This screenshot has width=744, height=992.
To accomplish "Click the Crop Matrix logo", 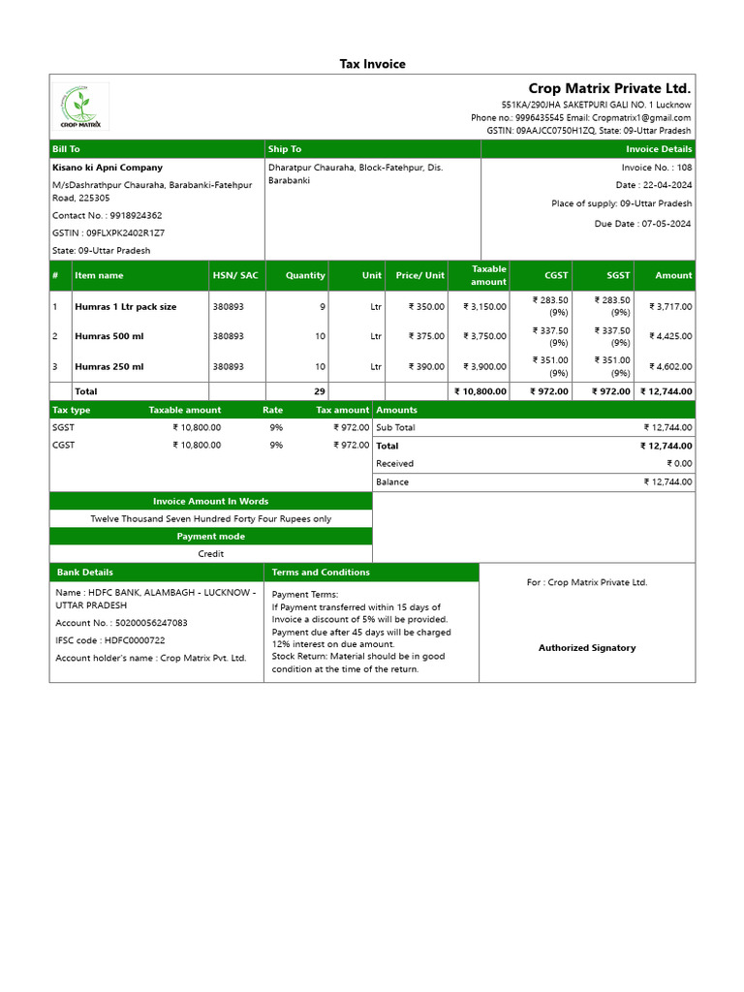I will click(80, 107).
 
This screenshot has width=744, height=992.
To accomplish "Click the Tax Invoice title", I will click(372, 64).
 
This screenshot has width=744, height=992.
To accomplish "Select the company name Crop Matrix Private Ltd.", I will click(609, 88).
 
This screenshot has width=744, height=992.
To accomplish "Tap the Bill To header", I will click(66, 149).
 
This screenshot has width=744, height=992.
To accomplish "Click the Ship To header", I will click(285, 149).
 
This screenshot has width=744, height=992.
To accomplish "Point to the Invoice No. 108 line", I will click(656, 168).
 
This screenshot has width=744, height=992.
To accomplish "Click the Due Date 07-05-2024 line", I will click(642, 224).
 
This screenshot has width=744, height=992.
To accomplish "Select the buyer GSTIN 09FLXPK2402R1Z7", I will click(108, 233).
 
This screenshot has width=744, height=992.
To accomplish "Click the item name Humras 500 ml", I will click(109, 336).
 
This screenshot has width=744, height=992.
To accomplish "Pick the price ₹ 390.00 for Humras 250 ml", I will click(419, 367).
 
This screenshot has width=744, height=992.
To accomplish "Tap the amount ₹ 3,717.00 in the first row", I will click(667, 306).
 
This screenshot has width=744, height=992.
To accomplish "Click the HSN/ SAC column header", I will click(235, 275).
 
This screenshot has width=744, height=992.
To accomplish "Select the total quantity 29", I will click(319, 391).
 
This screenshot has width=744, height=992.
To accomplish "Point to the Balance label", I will click(392, 482).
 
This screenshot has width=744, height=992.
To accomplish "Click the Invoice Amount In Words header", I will click(210, 501).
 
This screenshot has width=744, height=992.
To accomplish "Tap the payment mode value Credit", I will click(210, 554).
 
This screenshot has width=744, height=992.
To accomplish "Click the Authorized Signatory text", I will click(587, 648).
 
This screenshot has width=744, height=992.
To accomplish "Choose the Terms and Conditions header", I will click(321, 573).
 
